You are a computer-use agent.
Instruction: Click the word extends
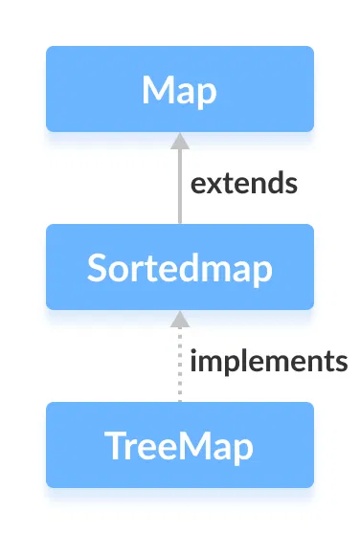243,183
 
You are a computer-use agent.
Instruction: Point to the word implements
268,362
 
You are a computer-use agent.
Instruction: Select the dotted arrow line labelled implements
178,368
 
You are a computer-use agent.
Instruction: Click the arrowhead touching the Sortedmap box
178,319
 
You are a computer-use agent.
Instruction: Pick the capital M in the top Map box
156,91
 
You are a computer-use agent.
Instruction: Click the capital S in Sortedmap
96,269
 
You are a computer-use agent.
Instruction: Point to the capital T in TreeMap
113,447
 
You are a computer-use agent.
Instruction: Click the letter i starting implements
193,361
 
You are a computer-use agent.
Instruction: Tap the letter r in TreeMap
131,449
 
